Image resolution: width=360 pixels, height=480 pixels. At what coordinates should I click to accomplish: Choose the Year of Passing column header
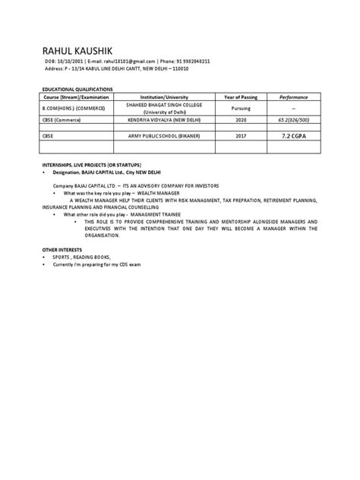click(243, 96)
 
